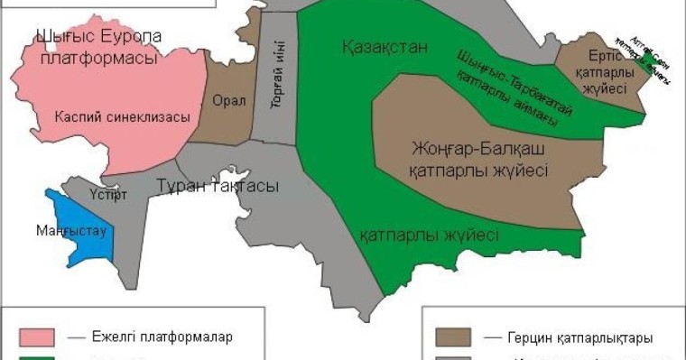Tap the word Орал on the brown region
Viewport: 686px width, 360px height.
(228, 100)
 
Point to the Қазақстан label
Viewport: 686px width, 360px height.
(385, 46)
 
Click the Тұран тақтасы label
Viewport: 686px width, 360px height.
(218, 186)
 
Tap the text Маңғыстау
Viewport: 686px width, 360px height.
(72, 231)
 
